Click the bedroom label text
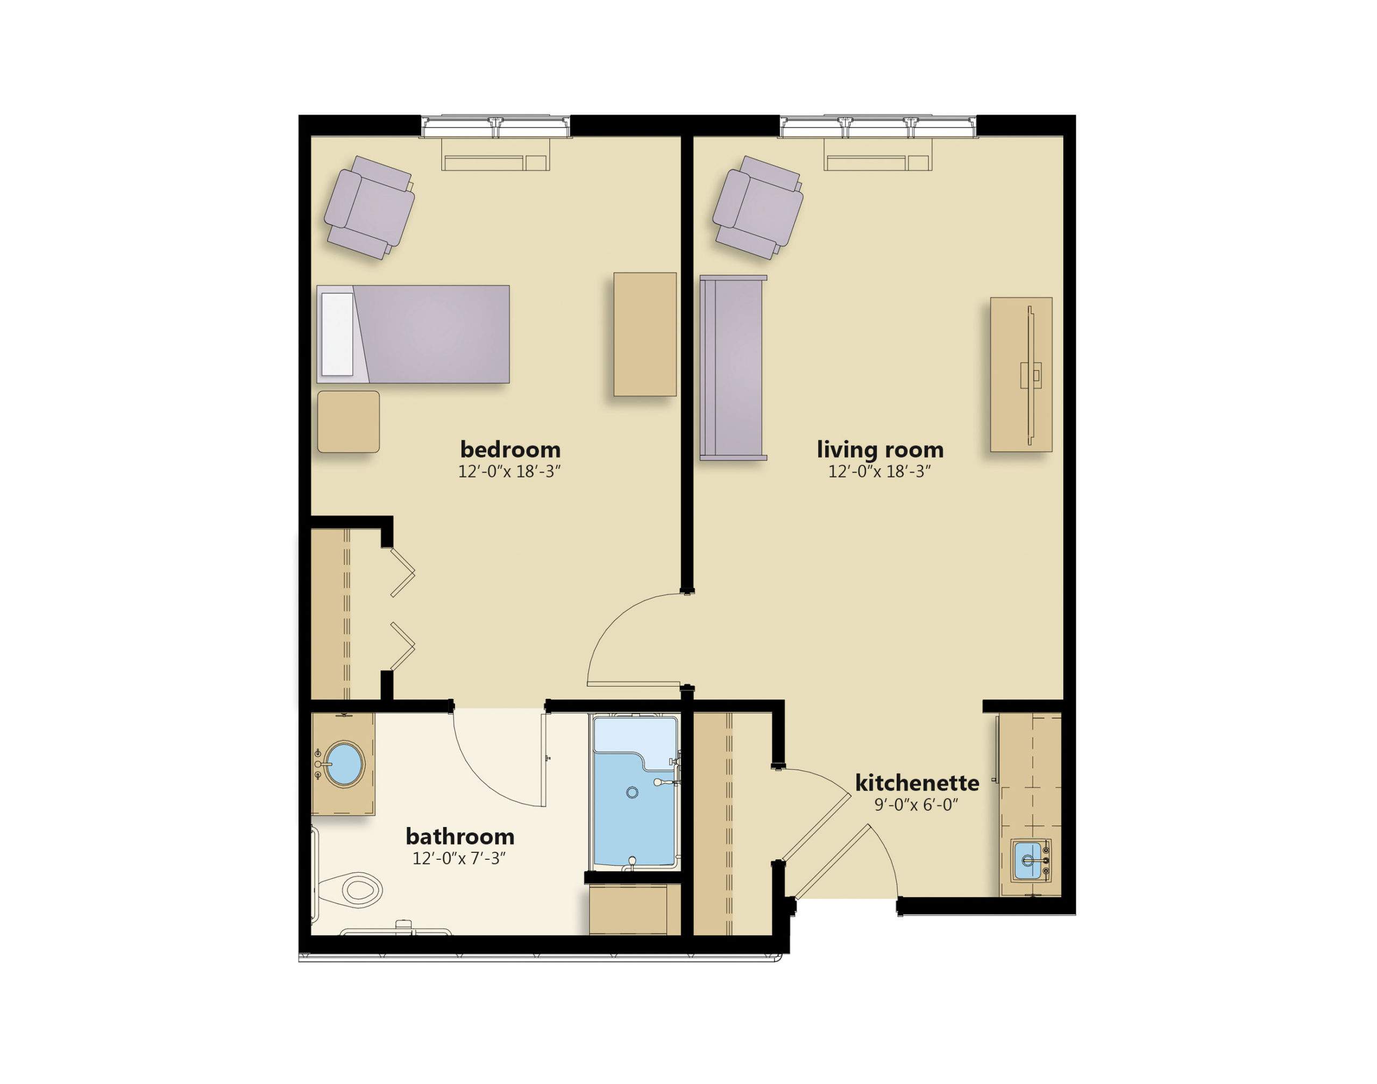pos(510,450)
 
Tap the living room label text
pos(879,450)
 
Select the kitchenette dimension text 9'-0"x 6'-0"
pos(915,805)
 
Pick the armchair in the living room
pos(757,207)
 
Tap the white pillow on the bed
pos(338,334)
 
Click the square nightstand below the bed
pos(348,422)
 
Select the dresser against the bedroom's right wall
pos(644,334)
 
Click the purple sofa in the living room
pos(733,367)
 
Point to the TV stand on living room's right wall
pos(1021,374)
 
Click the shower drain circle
pos(631,792)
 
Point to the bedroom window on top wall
pos(495,126)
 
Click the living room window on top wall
pos(877,126)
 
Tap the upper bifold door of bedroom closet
pos(402,573)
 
